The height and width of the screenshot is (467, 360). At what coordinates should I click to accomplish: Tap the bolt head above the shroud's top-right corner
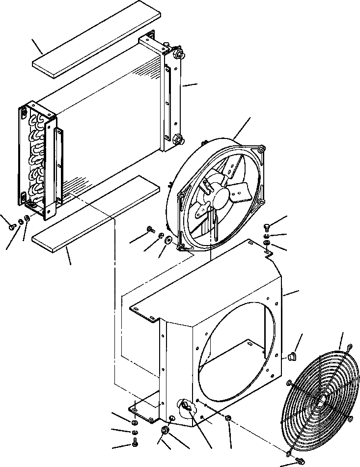coord(267,226)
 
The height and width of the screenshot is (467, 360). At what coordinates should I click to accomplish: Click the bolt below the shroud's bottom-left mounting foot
coord(134,444)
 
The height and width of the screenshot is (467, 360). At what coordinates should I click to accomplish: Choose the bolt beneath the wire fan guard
coord(298,461)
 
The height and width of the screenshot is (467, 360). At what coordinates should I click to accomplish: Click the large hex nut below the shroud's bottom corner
coord(165,430)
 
